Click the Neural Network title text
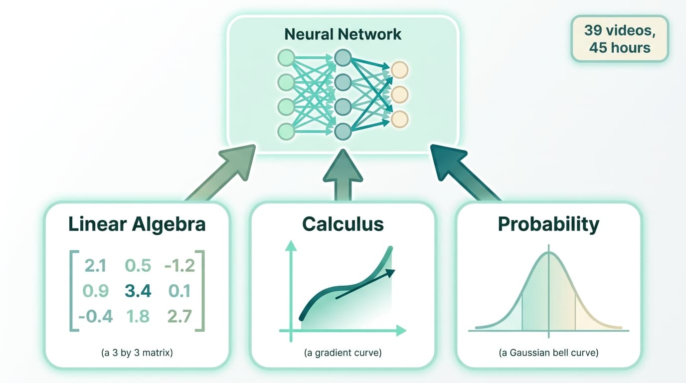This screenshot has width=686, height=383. (x=343, y=34)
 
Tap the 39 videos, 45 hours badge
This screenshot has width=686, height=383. (x=619, y=39)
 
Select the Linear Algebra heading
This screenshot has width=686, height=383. (x=137, y=224)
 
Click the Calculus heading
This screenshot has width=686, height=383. (x=343, y=224)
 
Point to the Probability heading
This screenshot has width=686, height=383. (x=548, y=224)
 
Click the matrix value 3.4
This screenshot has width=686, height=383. (x=138, y=291)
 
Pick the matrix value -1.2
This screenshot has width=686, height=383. (x=179, y=266)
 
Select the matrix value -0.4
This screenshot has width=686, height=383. (x=95, y=316)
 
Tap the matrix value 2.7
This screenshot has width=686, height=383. (x=179, y=316)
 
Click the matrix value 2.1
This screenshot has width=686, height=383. (x=95, y=266)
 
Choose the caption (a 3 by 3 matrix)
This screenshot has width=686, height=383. (x=137, y=353)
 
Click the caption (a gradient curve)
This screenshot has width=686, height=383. (x=343, y=353)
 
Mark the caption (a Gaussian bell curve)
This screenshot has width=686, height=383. (x=548, y=353)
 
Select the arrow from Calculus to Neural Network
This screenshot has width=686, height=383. (x=343, y=175)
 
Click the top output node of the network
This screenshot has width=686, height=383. (x=400, y=70)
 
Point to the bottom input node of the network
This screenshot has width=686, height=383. (x=286, y=132)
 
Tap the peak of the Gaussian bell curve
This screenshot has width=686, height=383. (x=549, y=253)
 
